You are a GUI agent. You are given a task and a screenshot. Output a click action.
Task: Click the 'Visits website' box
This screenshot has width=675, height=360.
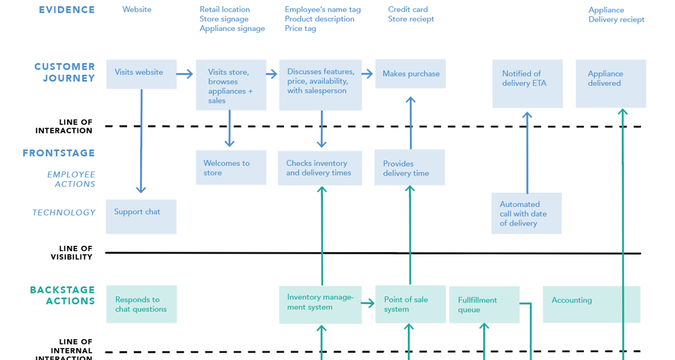pos(141,74)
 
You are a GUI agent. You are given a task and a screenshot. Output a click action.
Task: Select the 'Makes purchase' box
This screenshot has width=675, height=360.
pos(411,74)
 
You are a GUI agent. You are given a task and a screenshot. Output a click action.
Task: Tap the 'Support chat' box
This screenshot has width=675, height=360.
pos(141,216)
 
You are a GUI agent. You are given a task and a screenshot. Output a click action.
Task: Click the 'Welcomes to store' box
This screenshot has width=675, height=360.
pos(231,167)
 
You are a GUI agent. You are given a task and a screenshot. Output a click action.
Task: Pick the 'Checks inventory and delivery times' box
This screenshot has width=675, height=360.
pos(319,168)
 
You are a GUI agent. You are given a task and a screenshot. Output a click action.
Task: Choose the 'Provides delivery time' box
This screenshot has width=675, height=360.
pos(409,168)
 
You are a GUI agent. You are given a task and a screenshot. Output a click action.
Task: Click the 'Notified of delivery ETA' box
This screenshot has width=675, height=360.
pos(527,83)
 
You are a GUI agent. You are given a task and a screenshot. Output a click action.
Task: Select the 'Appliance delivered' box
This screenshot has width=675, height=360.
pos(610,83)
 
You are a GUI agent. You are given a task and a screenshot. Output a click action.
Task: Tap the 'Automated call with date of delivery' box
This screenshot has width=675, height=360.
pos(526,213)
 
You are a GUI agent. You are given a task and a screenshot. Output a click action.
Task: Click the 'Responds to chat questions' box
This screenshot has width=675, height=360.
pos(141,304)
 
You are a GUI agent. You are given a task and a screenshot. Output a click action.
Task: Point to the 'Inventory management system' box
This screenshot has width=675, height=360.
pos(320,304)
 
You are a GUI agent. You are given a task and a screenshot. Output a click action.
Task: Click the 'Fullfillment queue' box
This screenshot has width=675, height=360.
pos(484,304)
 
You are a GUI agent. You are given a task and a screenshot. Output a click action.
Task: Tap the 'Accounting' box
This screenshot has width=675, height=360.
pos(591,304)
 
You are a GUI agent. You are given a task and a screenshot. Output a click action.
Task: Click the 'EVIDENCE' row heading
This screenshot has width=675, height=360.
pos(66,10)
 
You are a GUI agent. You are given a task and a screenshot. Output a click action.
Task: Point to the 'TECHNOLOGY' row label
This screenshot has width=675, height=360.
pos(64,213)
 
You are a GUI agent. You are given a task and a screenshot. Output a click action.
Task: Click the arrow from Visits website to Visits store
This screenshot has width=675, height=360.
pos(184,74)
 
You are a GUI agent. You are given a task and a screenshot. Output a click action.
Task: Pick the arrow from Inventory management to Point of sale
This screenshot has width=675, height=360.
pos(368,304)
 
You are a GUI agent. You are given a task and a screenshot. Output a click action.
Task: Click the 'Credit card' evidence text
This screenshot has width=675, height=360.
pos(408,10)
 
